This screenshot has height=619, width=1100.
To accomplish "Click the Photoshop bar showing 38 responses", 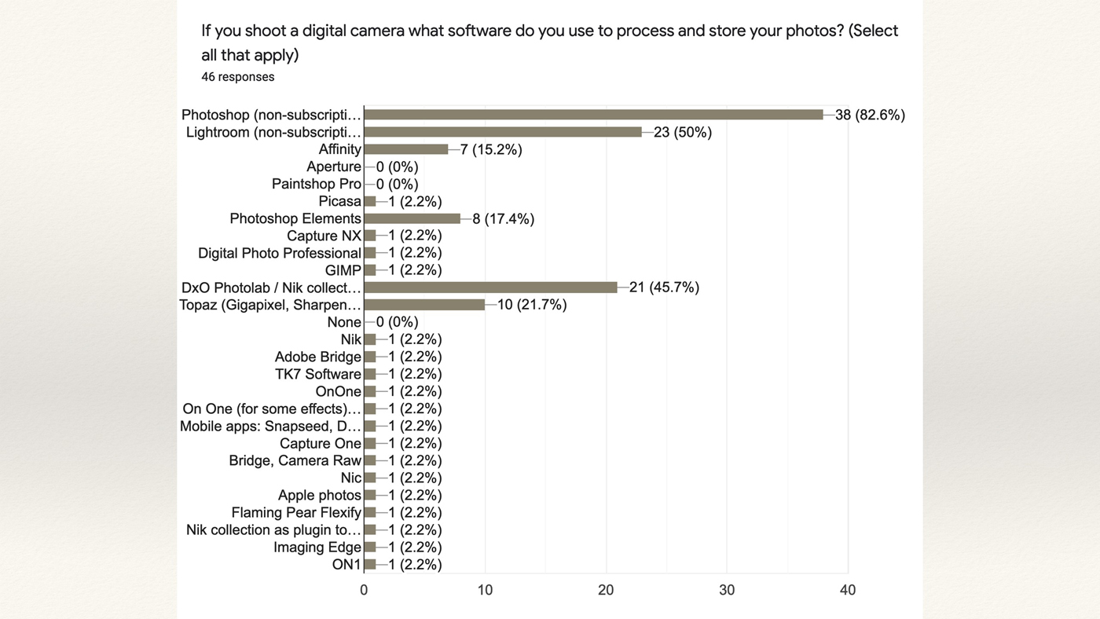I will [593, 115].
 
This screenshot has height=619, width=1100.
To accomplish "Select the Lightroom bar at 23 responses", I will [503, 132].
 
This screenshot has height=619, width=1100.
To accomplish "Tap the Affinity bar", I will [405, 149].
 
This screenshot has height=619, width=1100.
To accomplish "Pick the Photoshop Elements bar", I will [412, 218].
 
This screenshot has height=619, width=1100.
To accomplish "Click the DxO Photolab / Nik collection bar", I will [490, 288].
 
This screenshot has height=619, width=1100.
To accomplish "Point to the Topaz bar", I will [424, 305].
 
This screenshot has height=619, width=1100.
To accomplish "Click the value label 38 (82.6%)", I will [870, 115].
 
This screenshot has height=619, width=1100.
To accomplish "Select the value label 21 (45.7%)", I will [664, 288].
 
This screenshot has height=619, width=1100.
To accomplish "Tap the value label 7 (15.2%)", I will [491, 149].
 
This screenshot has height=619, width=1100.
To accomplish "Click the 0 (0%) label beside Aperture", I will [397, 167].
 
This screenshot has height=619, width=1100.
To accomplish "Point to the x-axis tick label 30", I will [727, 590].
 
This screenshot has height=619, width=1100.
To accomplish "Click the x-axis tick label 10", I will [485, 590].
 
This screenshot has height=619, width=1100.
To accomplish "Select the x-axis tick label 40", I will [848, 590].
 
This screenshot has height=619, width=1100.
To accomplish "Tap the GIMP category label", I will [343, 270].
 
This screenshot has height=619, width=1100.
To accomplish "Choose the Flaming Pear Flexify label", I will [296, 512].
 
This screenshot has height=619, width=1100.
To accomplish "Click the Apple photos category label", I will [319, 495].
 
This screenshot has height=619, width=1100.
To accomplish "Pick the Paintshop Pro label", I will [316, 184].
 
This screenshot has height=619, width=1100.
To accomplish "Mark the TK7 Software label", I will [317, 374].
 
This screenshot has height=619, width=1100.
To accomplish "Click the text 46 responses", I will [237, 77].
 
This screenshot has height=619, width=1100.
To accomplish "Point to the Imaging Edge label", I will [317, 547].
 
